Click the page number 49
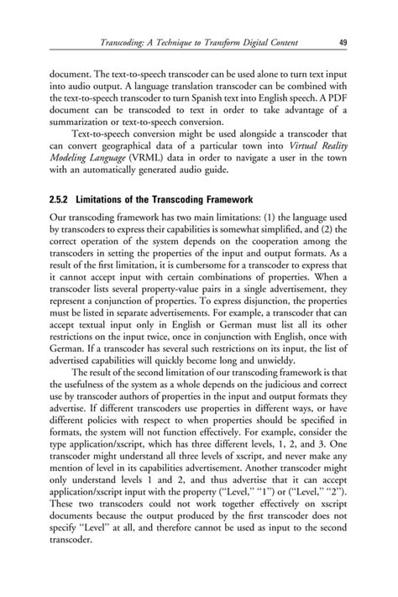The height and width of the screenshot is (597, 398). coord(344,42)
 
